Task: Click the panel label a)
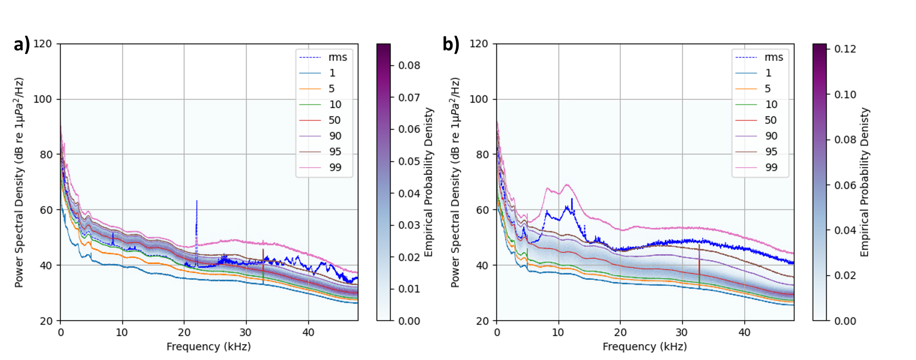(x=21, y=45)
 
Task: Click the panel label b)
(x=451, y=45)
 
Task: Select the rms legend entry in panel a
(x=338, y=57)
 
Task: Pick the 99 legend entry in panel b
(x=771, y=168)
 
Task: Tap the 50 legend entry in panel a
(x=335, y=120)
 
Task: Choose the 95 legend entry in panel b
(x=771, y=152)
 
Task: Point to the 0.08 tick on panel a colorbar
(x=409, y=66)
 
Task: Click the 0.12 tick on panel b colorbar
(x=845, y=49)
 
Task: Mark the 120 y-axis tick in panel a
(x=43, y=44)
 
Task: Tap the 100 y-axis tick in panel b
(x=479, y=99)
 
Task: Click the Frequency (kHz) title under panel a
(x=209, y=347)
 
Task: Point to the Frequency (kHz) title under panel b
(x=645, y=347)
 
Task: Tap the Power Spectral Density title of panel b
(x=455, y=182)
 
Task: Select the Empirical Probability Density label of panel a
(x=429, y=182)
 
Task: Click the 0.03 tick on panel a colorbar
(x=409, y=225)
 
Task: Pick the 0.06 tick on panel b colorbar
(x=845, y=185)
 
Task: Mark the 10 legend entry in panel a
(x=335, y=105)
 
